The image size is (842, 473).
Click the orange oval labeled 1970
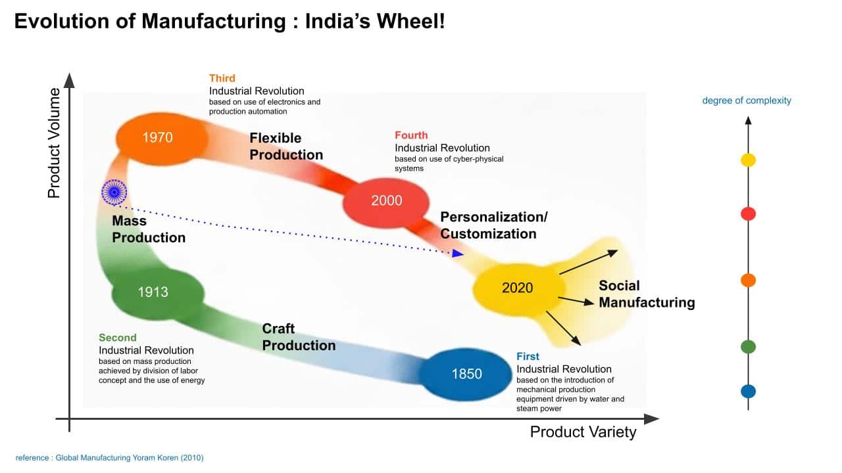click(158, 138)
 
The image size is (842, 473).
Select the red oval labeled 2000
click(386, 201)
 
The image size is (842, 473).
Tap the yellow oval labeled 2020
click(518, 288)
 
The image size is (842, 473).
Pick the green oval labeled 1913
click(153, 292)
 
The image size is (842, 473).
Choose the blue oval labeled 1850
click(466, 374)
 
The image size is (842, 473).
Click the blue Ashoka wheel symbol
click(114, 191)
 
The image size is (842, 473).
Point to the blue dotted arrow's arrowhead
click(458, 254)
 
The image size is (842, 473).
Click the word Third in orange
click(222, 78)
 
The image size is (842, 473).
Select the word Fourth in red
click(411, 135)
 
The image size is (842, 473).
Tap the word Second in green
click(118, 338)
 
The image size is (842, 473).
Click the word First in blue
click(528, 357)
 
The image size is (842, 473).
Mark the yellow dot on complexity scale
click(748, 160)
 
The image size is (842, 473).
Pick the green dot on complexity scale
click(748, 346)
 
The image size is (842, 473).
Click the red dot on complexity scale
click(748, 214)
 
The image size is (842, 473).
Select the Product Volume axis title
click(54, 143)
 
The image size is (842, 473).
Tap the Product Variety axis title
click(583, 432)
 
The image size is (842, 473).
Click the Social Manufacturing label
click(646, 294)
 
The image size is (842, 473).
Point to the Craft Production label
click(299, 337)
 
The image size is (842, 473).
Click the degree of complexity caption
click(747, 101)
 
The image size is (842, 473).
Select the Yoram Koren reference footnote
click(110, 458)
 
